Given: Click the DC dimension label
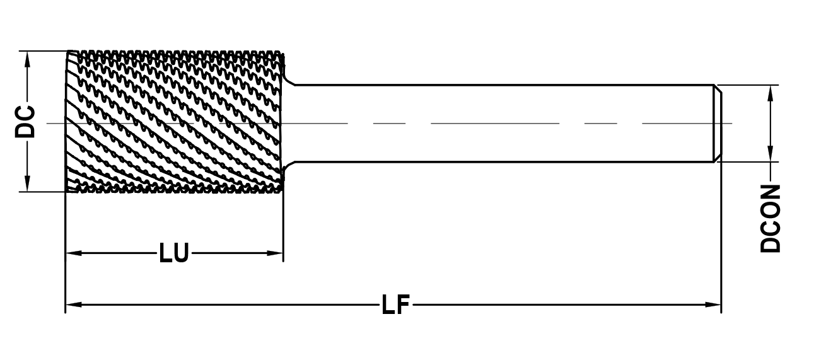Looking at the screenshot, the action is coord(25,122).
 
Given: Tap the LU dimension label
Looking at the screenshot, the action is coord(174,253).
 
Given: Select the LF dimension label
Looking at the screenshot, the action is coord(396,305).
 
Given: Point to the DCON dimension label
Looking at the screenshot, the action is coord(771,219).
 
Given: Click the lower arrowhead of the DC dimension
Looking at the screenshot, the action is coord(27,183).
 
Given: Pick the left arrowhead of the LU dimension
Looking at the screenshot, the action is coord(74,253).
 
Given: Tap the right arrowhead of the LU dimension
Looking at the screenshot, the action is coord(275,253).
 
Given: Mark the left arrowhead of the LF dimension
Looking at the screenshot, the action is coord(74,305).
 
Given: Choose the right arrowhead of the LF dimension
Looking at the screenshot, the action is coord(713,305).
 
